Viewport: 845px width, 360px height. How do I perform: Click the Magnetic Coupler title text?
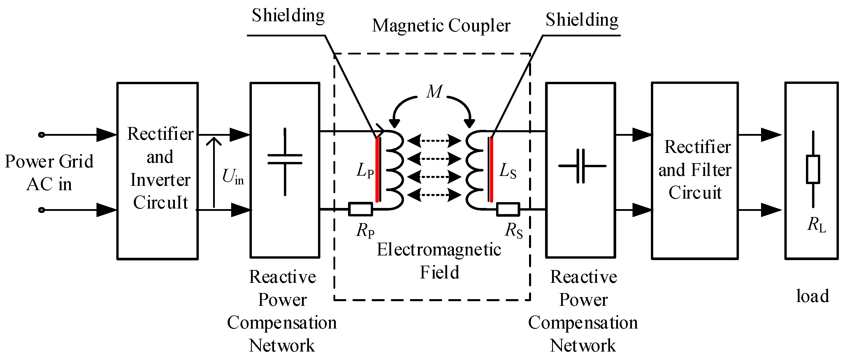(x=441, y=26)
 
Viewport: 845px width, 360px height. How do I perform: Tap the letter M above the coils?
(x=434, y=91)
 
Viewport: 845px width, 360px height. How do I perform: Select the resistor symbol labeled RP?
(x=360, y=209)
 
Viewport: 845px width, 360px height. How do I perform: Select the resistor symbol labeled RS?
(x=508, y=209)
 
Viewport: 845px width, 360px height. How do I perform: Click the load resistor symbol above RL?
(x=813, y=169)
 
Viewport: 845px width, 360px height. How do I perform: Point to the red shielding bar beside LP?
(x=377, y=170)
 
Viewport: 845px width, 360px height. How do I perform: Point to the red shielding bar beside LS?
(x=491, y=170)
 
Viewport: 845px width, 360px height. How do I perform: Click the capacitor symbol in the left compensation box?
(x=285, y=159)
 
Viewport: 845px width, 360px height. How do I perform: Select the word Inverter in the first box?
(x=160, y=180)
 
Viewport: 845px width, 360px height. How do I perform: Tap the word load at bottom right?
(x=813, y=296)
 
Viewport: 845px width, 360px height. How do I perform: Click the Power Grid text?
(x=49, y=161)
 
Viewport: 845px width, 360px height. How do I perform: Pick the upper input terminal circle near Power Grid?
(x=41, y=135)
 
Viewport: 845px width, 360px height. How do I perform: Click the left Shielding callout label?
(x=288, y=16)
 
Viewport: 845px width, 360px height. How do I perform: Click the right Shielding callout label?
(x=582, y=20)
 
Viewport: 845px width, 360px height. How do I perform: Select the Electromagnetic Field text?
(x=439, y=261)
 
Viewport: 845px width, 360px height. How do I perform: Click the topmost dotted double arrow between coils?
(x=434, y=141)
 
